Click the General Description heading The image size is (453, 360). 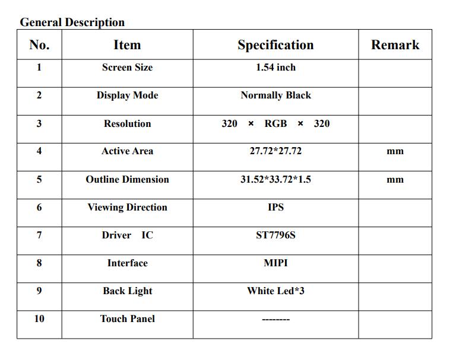(72, 23)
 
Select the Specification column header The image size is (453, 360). (275, 45)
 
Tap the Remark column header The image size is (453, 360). (395, 45)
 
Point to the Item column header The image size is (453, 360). (127, 45)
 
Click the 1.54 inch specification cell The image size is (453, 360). (275, 68)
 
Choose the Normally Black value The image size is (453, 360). (275, 95)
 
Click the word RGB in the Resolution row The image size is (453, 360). (275, 123)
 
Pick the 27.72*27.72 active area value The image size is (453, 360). (275, 151)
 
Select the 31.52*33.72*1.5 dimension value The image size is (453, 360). (275, 179)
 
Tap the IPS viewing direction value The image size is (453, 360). (275, 207)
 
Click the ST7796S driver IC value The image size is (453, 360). (275, 235)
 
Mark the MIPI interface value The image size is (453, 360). (275, 263)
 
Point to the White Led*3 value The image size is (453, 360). (275, 291)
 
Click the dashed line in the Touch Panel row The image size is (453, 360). (275, 320)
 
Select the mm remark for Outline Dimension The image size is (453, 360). (395, 180)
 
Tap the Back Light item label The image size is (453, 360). (127, 291)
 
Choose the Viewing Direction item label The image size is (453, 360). (127, 207)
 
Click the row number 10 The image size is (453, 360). (39, 319)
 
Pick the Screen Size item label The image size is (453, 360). (127, 68)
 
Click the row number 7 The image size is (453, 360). (39, 235)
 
